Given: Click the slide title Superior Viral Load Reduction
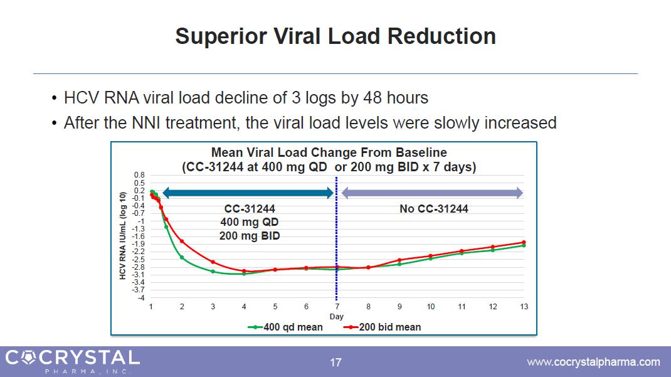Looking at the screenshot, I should tap(335, 36).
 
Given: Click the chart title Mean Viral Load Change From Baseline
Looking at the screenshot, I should tap(329, 152).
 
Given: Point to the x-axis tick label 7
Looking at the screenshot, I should tap(337, 307).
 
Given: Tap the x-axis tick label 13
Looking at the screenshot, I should tap(524, 307).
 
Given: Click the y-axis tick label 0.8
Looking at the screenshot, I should tap(140, 175).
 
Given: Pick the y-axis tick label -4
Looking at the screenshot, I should tap(142, 297).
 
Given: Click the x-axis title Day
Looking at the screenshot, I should tap(337, 316).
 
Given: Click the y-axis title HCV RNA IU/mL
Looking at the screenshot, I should tap(124, 235).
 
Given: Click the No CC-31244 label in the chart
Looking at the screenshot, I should tap(434, 209).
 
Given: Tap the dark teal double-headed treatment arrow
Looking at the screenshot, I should tap(248, 193).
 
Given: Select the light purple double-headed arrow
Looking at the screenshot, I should tap(432, 193).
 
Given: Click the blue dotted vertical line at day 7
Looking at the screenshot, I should tap(337, 251).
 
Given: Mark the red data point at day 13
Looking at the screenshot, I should tap(524, 242).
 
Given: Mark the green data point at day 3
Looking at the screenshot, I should tap(213, 272).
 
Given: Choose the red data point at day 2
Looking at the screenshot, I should tap(182, 242).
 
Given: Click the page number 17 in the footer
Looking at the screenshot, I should tap(336, 362).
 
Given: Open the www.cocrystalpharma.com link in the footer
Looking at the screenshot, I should tap(593, 362).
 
